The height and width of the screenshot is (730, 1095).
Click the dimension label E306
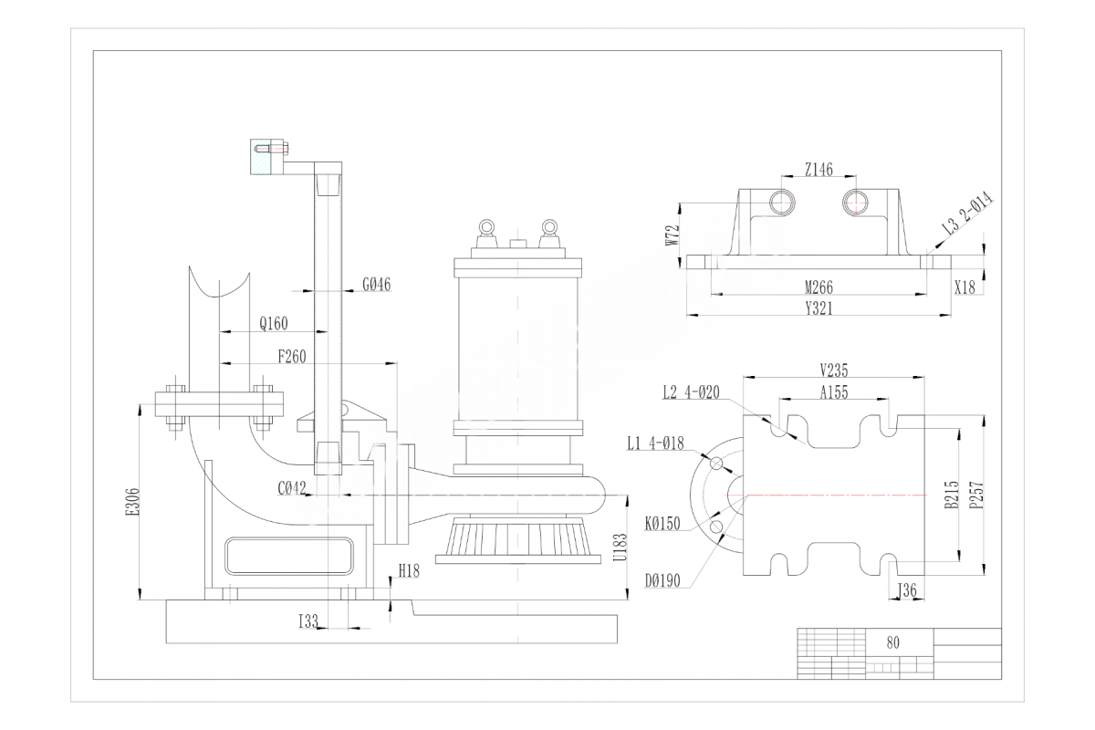(132, 501)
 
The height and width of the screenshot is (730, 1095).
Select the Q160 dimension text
(273, 323)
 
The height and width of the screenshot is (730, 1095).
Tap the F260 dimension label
(292, 357)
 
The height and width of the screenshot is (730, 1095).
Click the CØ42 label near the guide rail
(290, 488)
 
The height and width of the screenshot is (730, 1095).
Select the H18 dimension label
(409, 571)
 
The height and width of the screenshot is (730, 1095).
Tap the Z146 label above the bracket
(819, 169)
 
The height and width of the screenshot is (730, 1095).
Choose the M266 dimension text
(818, 287)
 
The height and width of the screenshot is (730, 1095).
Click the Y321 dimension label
(818, 308)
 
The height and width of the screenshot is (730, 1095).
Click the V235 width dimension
(835, 370)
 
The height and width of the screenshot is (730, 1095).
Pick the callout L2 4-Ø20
(691, 392)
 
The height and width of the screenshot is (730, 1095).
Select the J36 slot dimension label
(907, 590)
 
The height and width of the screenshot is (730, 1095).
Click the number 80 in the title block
(892, 641)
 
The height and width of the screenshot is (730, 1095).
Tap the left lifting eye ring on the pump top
(485, 226)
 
